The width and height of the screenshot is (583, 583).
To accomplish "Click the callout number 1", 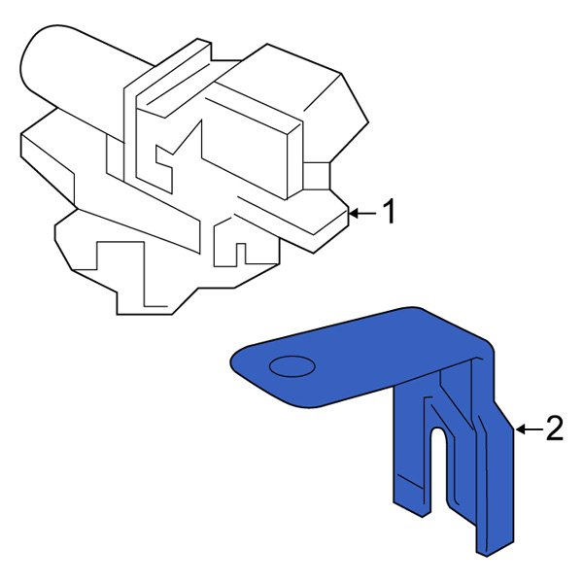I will pos(388,212).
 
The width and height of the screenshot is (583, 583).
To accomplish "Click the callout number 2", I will pos(554,429).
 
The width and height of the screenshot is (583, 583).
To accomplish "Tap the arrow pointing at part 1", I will pos(360,212).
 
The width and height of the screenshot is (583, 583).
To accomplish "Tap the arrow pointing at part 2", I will pos(526,429).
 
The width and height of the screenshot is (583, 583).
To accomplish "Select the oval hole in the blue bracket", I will pos(291,366).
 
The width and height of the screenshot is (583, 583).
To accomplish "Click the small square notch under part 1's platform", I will pos(243,255).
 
